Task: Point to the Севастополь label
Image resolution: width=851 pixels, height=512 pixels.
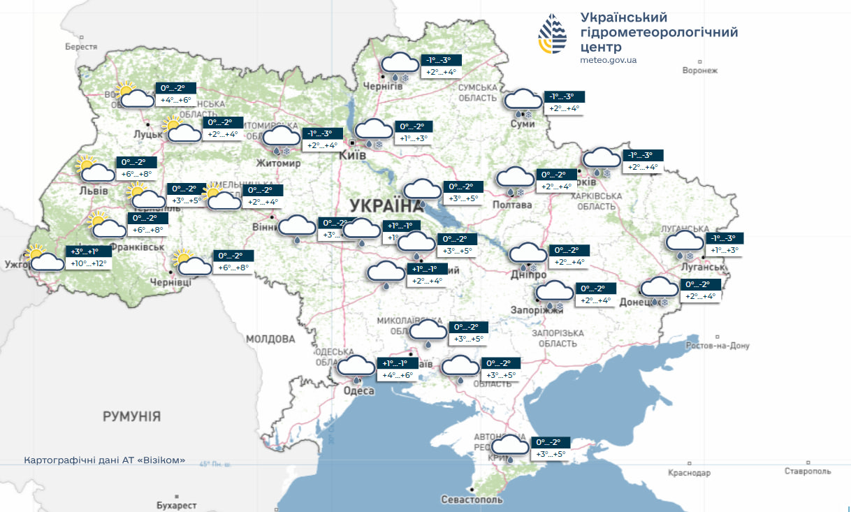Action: click(472, 499)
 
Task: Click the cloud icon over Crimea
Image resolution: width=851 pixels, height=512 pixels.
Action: click(510, 447)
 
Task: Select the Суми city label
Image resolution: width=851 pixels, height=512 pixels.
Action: click(523, 124)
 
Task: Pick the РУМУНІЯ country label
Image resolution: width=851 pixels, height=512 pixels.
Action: click(131, 416)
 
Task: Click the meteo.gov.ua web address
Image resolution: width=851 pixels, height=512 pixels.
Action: click(608, 60)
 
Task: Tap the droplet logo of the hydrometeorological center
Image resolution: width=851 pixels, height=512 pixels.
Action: click(553, 35)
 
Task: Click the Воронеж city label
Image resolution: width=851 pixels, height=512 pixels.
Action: click(699, 71)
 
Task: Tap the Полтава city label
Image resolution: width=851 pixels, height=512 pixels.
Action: click(512, 205)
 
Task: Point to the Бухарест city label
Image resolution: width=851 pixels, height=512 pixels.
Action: click(176, 504)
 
